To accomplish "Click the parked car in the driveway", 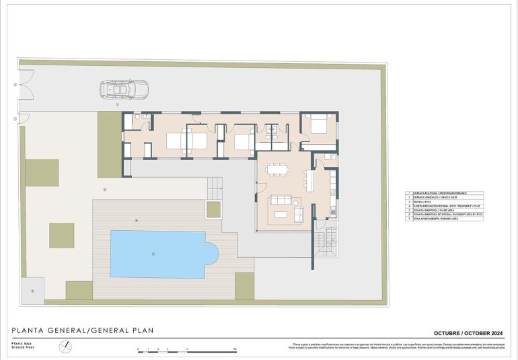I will (x=124, y=89).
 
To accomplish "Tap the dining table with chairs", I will (x=276, y=169).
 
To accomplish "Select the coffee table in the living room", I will (x=281, y=214).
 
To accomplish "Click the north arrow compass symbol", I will (x=65, y=346).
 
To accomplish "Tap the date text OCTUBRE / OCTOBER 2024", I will (x=468, y=333).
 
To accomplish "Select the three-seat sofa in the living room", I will (x=281, y=201).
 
